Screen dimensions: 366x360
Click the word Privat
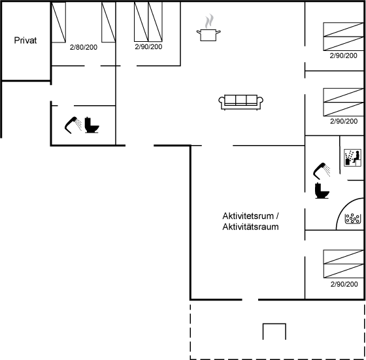point(25,41)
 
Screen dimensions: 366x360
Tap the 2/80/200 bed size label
point(84,47)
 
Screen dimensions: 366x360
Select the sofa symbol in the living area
point(241,102)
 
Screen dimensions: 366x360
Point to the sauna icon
point(352,157)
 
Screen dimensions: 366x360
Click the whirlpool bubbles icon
point(353,219)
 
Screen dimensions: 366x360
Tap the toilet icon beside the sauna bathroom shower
point(322,191)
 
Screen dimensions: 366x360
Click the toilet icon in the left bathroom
point(91,125)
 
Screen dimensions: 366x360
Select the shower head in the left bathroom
point(73,125)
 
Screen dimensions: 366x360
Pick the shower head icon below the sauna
point(322,171)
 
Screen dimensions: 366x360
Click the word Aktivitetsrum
point(248,216)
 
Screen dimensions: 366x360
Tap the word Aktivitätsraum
point(250,227)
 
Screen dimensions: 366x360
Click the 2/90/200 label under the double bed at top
point(148,46)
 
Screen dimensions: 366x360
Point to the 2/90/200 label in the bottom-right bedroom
point(344,284)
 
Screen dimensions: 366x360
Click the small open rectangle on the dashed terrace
point(274,324)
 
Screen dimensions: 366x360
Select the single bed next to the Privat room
point(58,22)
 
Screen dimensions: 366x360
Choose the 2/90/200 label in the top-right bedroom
point(343,56)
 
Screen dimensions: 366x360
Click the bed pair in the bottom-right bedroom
point(343,264)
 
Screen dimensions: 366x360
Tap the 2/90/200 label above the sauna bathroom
point(344,121)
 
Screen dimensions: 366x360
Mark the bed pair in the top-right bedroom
point(343,37)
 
